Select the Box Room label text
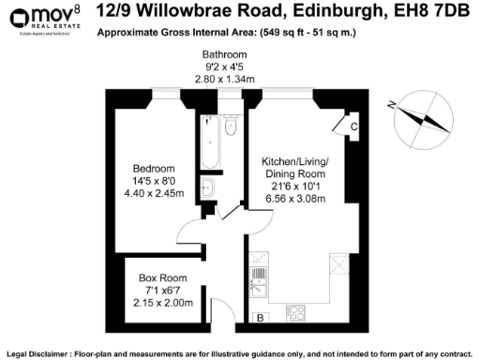(x=161, y=278)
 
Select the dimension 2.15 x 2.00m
(x=161, y=303)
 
